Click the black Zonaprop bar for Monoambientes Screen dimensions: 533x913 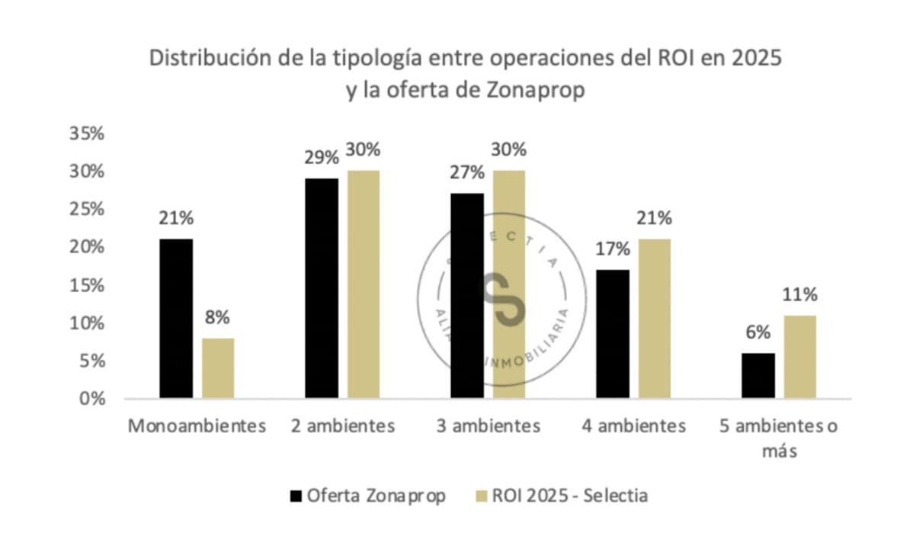[x=176, y=319]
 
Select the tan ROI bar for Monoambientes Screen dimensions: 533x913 [x=217, y=368]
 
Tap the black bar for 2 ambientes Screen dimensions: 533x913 [x=322, y=288]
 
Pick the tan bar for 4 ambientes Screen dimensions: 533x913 [x=655, y=319]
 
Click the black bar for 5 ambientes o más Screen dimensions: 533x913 [x=758, y=376]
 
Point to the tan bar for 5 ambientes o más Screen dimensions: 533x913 [x=799, y=357]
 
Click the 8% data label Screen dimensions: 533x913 [x=217, y=318]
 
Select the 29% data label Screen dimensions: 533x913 [x=321, y=158]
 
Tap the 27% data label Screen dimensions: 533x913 [x=466, y=172]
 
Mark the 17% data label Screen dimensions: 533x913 [x=613, y=249]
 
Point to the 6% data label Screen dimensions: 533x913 [x=758, y=332]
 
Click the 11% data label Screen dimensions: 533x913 [x=799, y=294]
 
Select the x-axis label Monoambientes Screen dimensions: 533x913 [x=197, y=425]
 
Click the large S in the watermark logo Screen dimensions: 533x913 [x=501, y=298]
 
